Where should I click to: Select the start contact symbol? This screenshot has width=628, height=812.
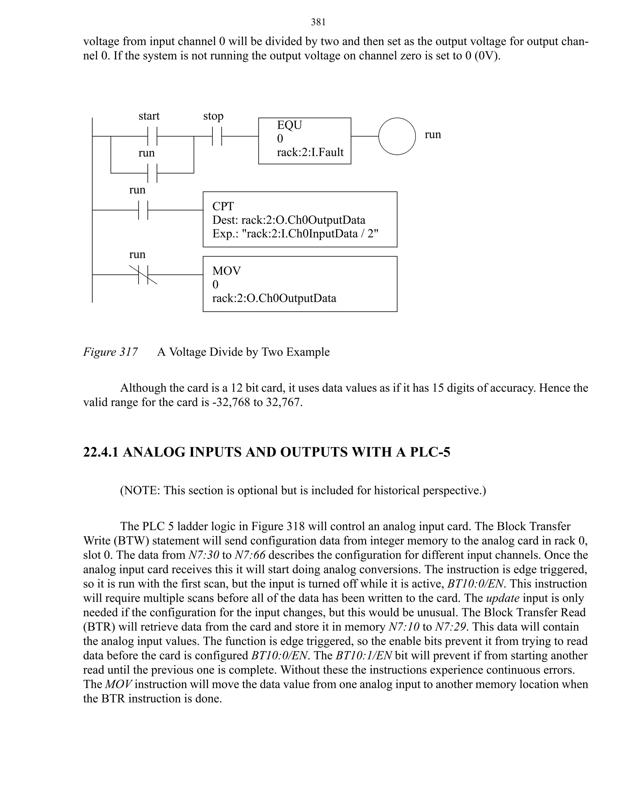click(x=152, y=136)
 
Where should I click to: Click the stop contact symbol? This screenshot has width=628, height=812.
click(x=217, y=136)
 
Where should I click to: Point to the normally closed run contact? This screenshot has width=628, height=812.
click(x=143, y=275)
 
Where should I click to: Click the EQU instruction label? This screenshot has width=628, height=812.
click(x=289, y=125)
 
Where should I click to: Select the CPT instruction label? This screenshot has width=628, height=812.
click(x=223, y=206)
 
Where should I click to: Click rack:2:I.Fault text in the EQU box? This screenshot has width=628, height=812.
click(x=310, y=152)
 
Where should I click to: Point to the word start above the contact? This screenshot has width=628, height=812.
click(x=149, y=116)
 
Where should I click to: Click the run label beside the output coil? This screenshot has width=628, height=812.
click(x=433, y=134)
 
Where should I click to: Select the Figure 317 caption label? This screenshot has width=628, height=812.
click(x=110, y=352)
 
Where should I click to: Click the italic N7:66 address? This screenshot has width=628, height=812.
click(x=250, y=555)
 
